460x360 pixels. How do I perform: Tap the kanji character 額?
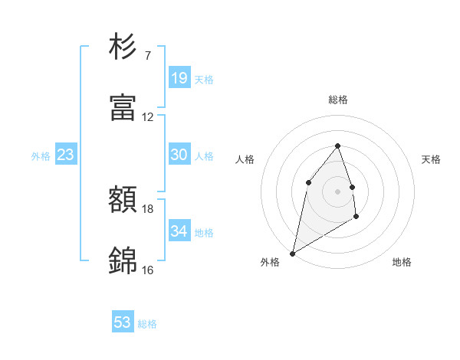[x=123, y=201]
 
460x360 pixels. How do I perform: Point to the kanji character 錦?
[x=123, y=261]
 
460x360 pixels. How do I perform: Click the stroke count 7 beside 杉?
[x=147, y=56]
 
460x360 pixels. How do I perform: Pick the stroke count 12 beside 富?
[x=148, y=117]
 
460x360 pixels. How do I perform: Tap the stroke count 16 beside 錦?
[x=148, y=270]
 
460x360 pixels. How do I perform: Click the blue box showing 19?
[x=179, y=78]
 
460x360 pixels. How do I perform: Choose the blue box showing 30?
[x=179, y=155]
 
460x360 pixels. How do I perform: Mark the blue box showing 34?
[x=179, y=231]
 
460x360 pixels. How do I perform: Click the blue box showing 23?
[x=66, y=155]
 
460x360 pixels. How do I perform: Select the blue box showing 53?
[x=123, y=322]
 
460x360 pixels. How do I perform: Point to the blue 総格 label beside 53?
[x=147, y=324]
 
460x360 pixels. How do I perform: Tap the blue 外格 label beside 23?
[x=41, y=156]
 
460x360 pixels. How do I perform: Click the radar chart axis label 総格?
[x=337, y=100]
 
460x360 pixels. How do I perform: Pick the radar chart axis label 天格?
[x=431, y=159]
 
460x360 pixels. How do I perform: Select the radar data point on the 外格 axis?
[x=292, y=254]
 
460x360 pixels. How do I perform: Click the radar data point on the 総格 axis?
[x=337, y=146]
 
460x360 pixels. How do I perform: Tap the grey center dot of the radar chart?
[x=337, y=191]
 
